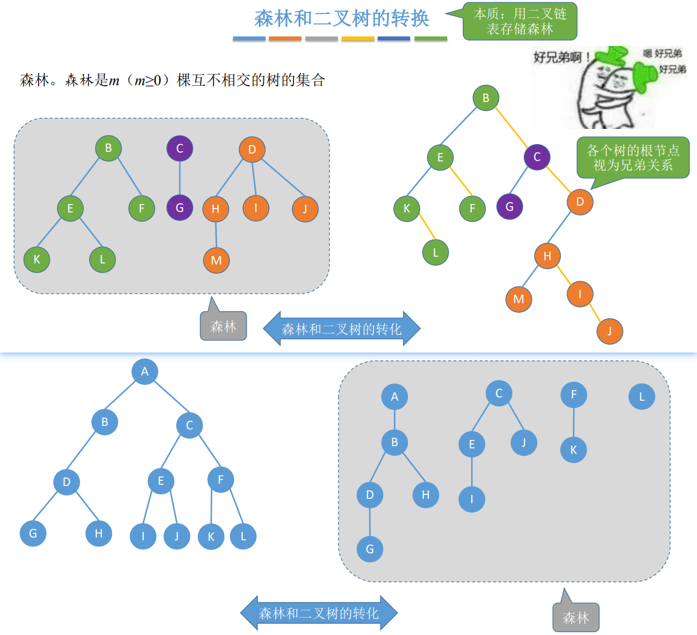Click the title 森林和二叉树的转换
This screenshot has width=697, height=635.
[x=341, y=18]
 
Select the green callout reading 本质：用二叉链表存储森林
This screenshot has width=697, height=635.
[x=520, y=21]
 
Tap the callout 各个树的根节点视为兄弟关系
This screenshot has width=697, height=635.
[x=633, y=158]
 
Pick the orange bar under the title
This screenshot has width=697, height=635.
[x=285, y=39]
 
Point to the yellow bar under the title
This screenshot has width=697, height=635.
[x=357, y=39]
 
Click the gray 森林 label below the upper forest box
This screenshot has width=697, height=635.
[x=224, y=326]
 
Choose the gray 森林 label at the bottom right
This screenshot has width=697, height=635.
[x=575, y=618]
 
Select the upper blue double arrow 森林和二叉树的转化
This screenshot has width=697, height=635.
[x=342, y=329]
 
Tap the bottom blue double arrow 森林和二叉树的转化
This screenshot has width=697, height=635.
[x=319, y=613]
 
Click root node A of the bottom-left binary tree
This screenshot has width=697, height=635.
[x=145, y=372]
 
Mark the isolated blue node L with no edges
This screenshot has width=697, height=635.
[x=642, y=397]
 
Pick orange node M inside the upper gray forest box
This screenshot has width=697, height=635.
[x=216, y=260]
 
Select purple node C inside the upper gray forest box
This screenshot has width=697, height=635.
[x=180, y=149]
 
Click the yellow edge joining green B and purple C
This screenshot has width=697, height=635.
[x=511, y=127]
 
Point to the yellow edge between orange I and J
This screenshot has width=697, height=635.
[x=594, y=312]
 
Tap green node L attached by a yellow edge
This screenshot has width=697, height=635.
[x=435, y=252]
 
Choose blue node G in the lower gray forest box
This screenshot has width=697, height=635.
[x=370, y=549]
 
